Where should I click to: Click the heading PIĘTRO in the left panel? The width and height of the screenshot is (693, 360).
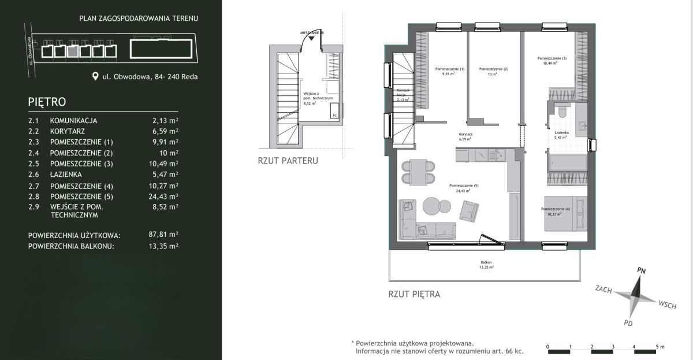[47, 101]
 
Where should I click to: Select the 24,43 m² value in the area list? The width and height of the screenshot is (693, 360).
[161, 196]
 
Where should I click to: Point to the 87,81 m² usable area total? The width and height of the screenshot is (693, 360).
[161, 235]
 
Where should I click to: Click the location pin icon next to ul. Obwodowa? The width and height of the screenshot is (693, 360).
[95, 76]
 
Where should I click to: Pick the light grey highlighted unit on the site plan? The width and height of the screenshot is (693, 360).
[72, 51]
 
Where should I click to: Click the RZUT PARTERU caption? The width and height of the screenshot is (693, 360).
[288, 161]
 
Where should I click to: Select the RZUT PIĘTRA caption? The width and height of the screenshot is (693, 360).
[414, 294]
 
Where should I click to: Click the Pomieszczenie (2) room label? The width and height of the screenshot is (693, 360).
[494, 71]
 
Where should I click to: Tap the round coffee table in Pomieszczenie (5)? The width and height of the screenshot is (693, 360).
[434, 206]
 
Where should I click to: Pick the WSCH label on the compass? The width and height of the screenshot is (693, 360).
[667, 305]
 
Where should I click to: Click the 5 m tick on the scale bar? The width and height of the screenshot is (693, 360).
[657, 347]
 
